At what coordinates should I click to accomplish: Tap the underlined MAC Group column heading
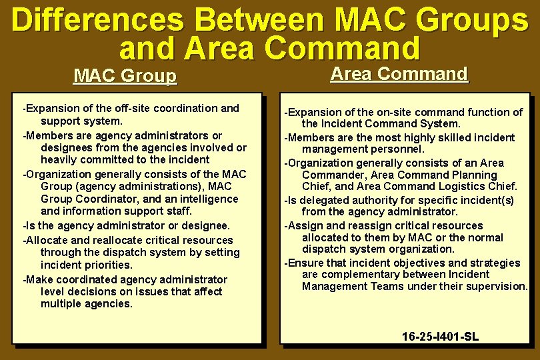(125, 76)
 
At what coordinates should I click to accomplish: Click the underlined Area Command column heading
(399, 74)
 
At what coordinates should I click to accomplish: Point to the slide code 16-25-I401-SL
(440, 337)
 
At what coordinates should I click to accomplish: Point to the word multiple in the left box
(61, 304)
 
